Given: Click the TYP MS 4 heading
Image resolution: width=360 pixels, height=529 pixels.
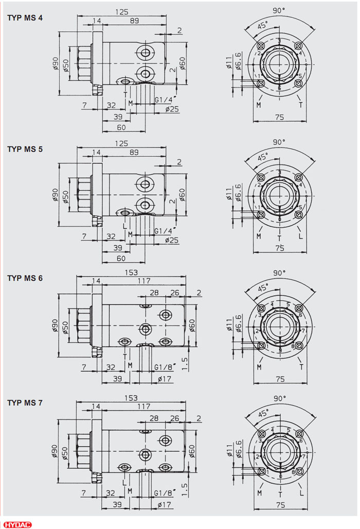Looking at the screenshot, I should (x=25, y=18).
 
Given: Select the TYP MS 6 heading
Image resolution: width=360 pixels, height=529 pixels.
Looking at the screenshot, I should (x=25, y=278).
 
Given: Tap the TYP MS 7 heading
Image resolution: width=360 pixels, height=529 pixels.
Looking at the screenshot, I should (x=25, y=403).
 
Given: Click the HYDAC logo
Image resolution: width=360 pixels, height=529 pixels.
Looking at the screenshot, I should (x=17, y=523).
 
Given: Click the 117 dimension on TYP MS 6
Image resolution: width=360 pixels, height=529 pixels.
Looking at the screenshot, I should (x=143, y=281).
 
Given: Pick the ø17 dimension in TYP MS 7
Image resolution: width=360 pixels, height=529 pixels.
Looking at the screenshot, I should (x=165, y=505).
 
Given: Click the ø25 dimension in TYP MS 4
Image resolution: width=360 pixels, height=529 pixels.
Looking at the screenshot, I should (x=172, y=110).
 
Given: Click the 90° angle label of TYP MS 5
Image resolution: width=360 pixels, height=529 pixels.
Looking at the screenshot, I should (x=279, y=142).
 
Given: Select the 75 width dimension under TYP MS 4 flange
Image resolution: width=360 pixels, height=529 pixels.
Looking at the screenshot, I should (x=279, y=117).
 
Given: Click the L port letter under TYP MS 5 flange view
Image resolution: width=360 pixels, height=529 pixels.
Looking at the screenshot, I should (x=300, y=237).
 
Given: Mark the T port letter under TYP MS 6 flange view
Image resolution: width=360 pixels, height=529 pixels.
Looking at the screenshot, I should (x=300, y=367).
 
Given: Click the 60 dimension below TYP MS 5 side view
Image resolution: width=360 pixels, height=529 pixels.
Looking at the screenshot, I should (x=121, y=258).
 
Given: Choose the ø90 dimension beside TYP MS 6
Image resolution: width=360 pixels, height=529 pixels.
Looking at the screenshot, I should (x=56, y=324).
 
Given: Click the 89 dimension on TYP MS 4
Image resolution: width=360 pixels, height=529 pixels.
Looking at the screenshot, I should (x=134, y=21).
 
